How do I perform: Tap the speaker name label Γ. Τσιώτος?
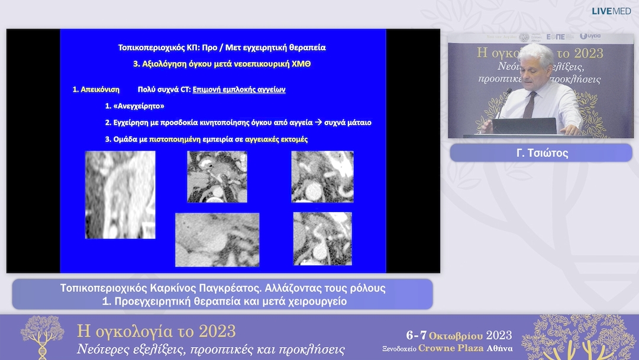click(x=541, y=153)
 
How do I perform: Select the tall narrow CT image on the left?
click(x=120, y=195)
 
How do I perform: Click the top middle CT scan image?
click(x=217, y=176)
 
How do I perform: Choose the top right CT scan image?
click(x=322, y=176)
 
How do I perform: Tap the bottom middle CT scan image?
click(x=217, y=239)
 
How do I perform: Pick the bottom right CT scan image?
click(x=322, y=238)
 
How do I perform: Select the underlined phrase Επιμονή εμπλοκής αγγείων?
click(x=239, y=90)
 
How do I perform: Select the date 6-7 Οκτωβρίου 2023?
click(x=459, y=335)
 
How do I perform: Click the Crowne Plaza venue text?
click(x=450, y=348)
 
